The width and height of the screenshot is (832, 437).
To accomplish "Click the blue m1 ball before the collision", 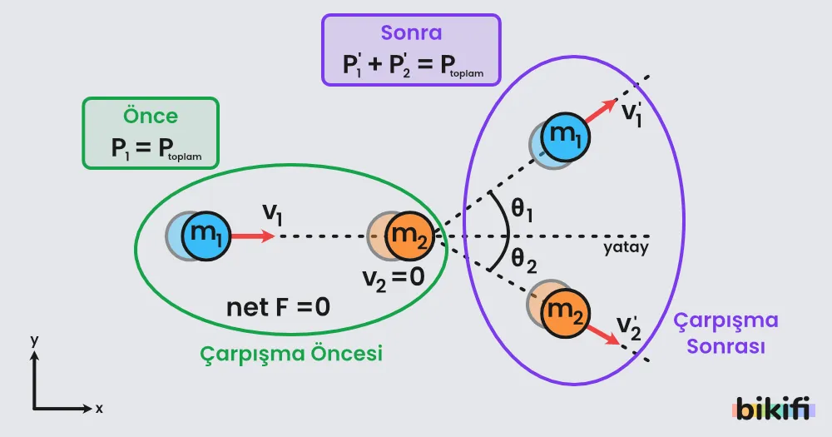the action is [x=206, y=236].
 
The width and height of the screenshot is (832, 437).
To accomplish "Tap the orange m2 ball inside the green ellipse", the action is [x=409, y=236].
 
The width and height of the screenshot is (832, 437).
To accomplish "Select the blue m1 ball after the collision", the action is [x=565, y=137].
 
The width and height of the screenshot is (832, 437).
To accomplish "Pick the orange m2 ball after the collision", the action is [x=565, y=313].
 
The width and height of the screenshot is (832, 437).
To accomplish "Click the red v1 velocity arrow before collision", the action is [x=253, y=236].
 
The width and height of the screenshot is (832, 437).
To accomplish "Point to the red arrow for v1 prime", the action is [x=602, y=111].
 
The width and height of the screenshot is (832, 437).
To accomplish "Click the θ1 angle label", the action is [x=522, y=210].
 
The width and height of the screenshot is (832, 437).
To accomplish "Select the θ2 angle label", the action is [x=523, y=261].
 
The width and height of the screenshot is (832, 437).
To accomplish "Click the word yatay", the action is [x=626, y=247].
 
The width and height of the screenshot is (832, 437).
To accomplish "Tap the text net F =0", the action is [x=278, y=307].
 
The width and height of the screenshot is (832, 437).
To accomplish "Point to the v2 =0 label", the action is [x=394, y=278].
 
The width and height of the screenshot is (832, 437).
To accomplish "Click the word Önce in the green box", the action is [x=151, y=115].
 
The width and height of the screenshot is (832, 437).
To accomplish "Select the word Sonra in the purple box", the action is [x=411, y=32].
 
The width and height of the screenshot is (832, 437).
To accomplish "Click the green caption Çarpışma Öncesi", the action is [x=291, y=353].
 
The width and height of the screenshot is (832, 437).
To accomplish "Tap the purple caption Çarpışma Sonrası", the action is [x=726, y=333].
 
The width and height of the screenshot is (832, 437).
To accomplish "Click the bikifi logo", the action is [x=773, y=409].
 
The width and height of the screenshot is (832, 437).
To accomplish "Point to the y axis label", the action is [x=34, y=340].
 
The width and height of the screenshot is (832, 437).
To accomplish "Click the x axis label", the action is [x=99, y=409].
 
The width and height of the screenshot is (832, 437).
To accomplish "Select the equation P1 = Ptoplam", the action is [x=156, y=147].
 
